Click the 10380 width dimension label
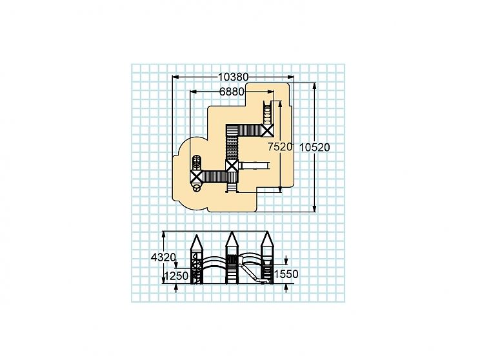(234, 77)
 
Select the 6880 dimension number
(232, 92)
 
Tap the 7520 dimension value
(280, 147)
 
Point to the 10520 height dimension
(314, 148)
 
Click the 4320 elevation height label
(163, 257)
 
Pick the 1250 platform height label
(176, 276)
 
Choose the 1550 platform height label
(286, 274)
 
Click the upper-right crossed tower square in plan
(268, 130)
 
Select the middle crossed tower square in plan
(232, 166)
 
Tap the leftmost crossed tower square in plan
(196, 177)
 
